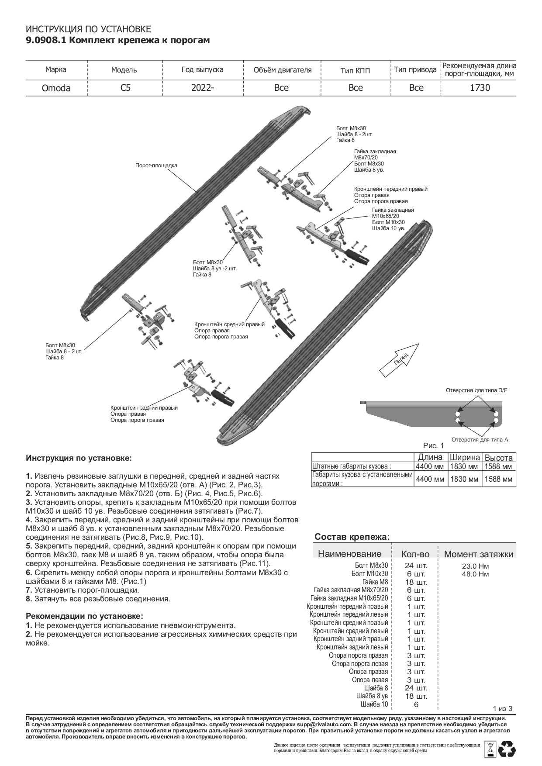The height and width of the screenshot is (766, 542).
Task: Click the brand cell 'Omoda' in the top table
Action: [56, 88]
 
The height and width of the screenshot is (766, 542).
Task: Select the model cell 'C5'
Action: [125, 88]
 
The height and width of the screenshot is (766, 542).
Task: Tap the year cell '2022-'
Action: [203, 88]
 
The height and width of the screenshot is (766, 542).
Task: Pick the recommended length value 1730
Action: [480, 88]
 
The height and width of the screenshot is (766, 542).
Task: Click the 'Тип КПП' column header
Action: [355, 70]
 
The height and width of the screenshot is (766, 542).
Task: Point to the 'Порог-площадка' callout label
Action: [156, 166]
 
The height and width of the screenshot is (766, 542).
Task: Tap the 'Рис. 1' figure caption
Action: [433, 446]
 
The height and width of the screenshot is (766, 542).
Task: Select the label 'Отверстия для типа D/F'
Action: [476, 390]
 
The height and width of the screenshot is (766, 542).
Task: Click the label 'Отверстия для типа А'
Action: [480, 440]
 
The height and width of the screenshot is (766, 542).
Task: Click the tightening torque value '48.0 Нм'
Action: [475, 574]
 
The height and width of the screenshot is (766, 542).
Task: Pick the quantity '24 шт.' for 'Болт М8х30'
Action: [416, 566]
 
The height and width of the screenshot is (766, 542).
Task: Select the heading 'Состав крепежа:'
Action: [352, 537]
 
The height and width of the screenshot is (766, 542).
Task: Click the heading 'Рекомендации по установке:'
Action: [84, 616]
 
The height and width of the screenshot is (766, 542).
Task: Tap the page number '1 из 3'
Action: [502, 708]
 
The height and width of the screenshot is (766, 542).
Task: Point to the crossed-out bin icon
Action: [490, 749]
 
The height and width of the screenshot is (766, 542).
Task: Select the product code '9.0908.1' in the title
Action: [45, 41]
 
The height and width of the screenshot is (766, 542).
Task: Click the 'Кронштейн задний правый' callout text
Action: [144, 408]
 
